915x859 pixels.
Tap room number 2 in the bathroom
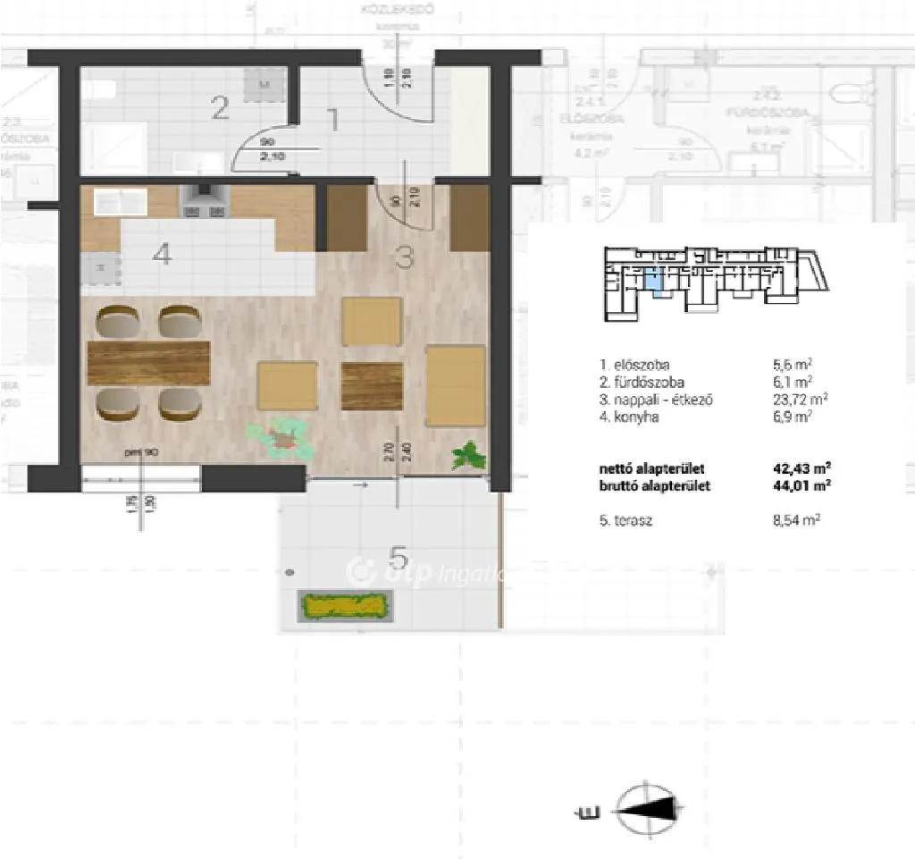coord(220,110)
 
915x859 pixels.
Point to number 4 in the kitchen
coord(161,255)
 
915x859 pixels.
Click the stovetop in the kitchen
coord(205,201)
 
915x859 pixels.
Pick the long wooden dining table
coord(148,362)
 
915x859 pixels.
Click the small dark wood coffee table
coord(372,385)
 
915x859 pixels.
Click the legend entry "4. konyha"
coord(630,416)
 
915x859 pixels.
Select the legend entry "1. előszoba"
coord(635,365)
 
